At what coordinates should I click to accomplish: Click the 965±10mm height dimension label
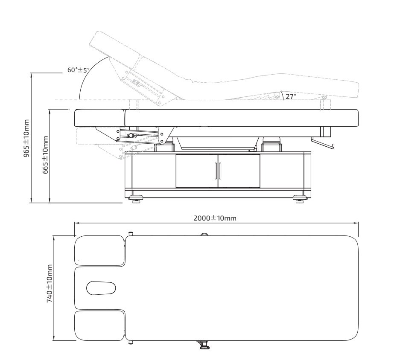pos(26,138)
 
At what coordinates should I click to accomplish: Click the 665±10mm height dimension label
pos(45,155)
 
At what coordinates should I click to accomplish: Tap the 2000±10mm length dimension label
pos(215,218)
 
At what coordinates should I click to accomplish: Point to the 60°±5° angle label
pos(79,70)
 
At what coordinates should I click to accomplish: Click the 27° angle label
pos(291,96)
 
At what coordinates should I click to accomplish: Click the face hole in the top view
pos(101,288)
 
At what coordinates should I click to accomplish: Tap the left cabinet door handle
pos(216,171)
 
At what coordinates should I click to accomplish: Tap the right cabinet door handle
pos(220,171)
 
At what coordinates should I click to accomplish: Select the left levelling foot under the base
pos(136,198)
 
